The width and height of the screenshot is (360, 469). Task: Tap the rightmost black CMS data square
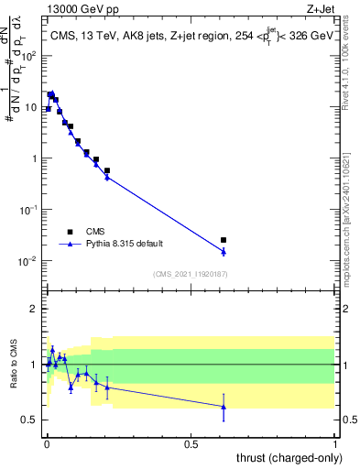tap(224, 240)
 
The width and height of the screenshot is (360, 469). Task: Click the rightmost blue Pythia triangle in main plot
tap(224, 251)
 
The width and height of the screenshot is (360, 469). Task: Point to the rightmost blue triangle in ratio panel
tap(224, 407)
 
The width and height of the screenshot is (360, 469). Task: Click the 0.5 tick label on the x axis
tap(191, 443)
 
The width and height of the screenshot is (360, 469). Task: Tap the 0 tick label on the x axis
tap(46, 443)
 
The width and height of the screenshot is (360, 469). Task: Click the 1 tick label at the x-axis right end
tap(335, 443)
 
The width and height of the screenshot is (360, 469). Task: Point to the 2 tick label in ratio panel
tap(34, 309)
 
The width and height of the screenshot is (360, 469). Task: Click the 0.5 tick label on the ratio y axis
tap(29, 420)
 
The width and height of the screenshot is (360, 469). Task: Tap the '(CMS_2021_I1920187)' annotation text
tap(191, 273)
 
